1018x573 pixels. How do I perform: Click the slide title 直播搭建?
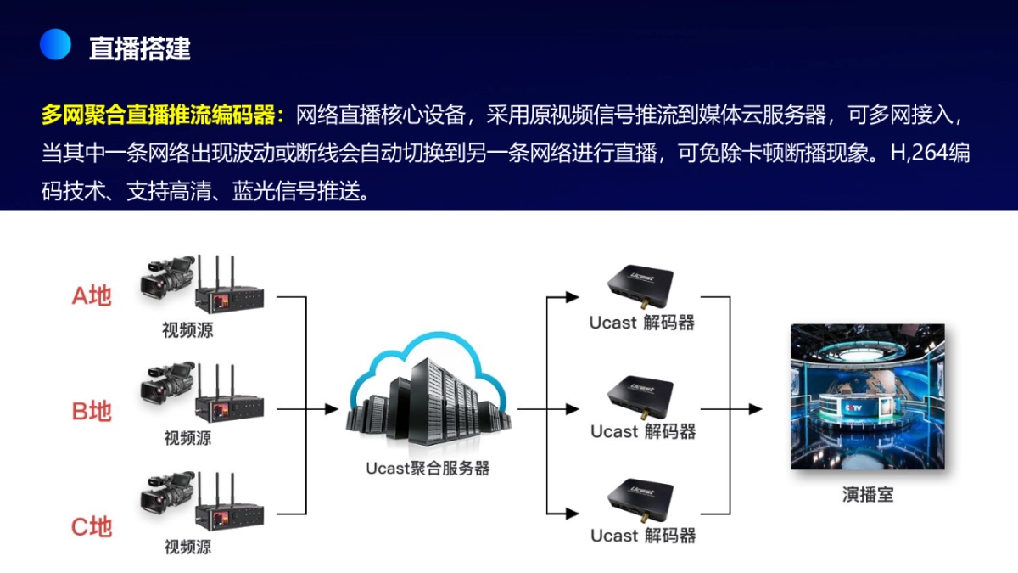point(140,48)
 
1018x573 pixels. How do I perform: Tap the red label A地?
point(92,296)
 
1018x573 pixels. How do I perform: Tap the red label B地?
point(92,412)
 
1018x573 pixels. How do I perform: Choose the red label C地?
point(92,527)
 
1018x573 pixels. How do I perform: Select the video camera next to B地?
point(167,386)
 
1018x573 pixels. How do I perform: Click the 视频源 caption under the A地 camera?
point(187,330)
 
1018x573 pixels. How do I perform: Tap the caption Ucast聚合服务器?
point(428,468)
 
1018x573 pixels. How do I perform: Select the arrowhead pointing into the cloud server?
point(332,410)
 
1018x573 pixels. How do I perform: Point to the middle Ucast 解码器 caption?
point(643,431)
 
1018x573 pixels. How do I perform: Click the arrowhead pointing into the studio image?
point(754,410)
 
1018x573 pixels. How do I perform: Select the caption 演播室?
point(867,494)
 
